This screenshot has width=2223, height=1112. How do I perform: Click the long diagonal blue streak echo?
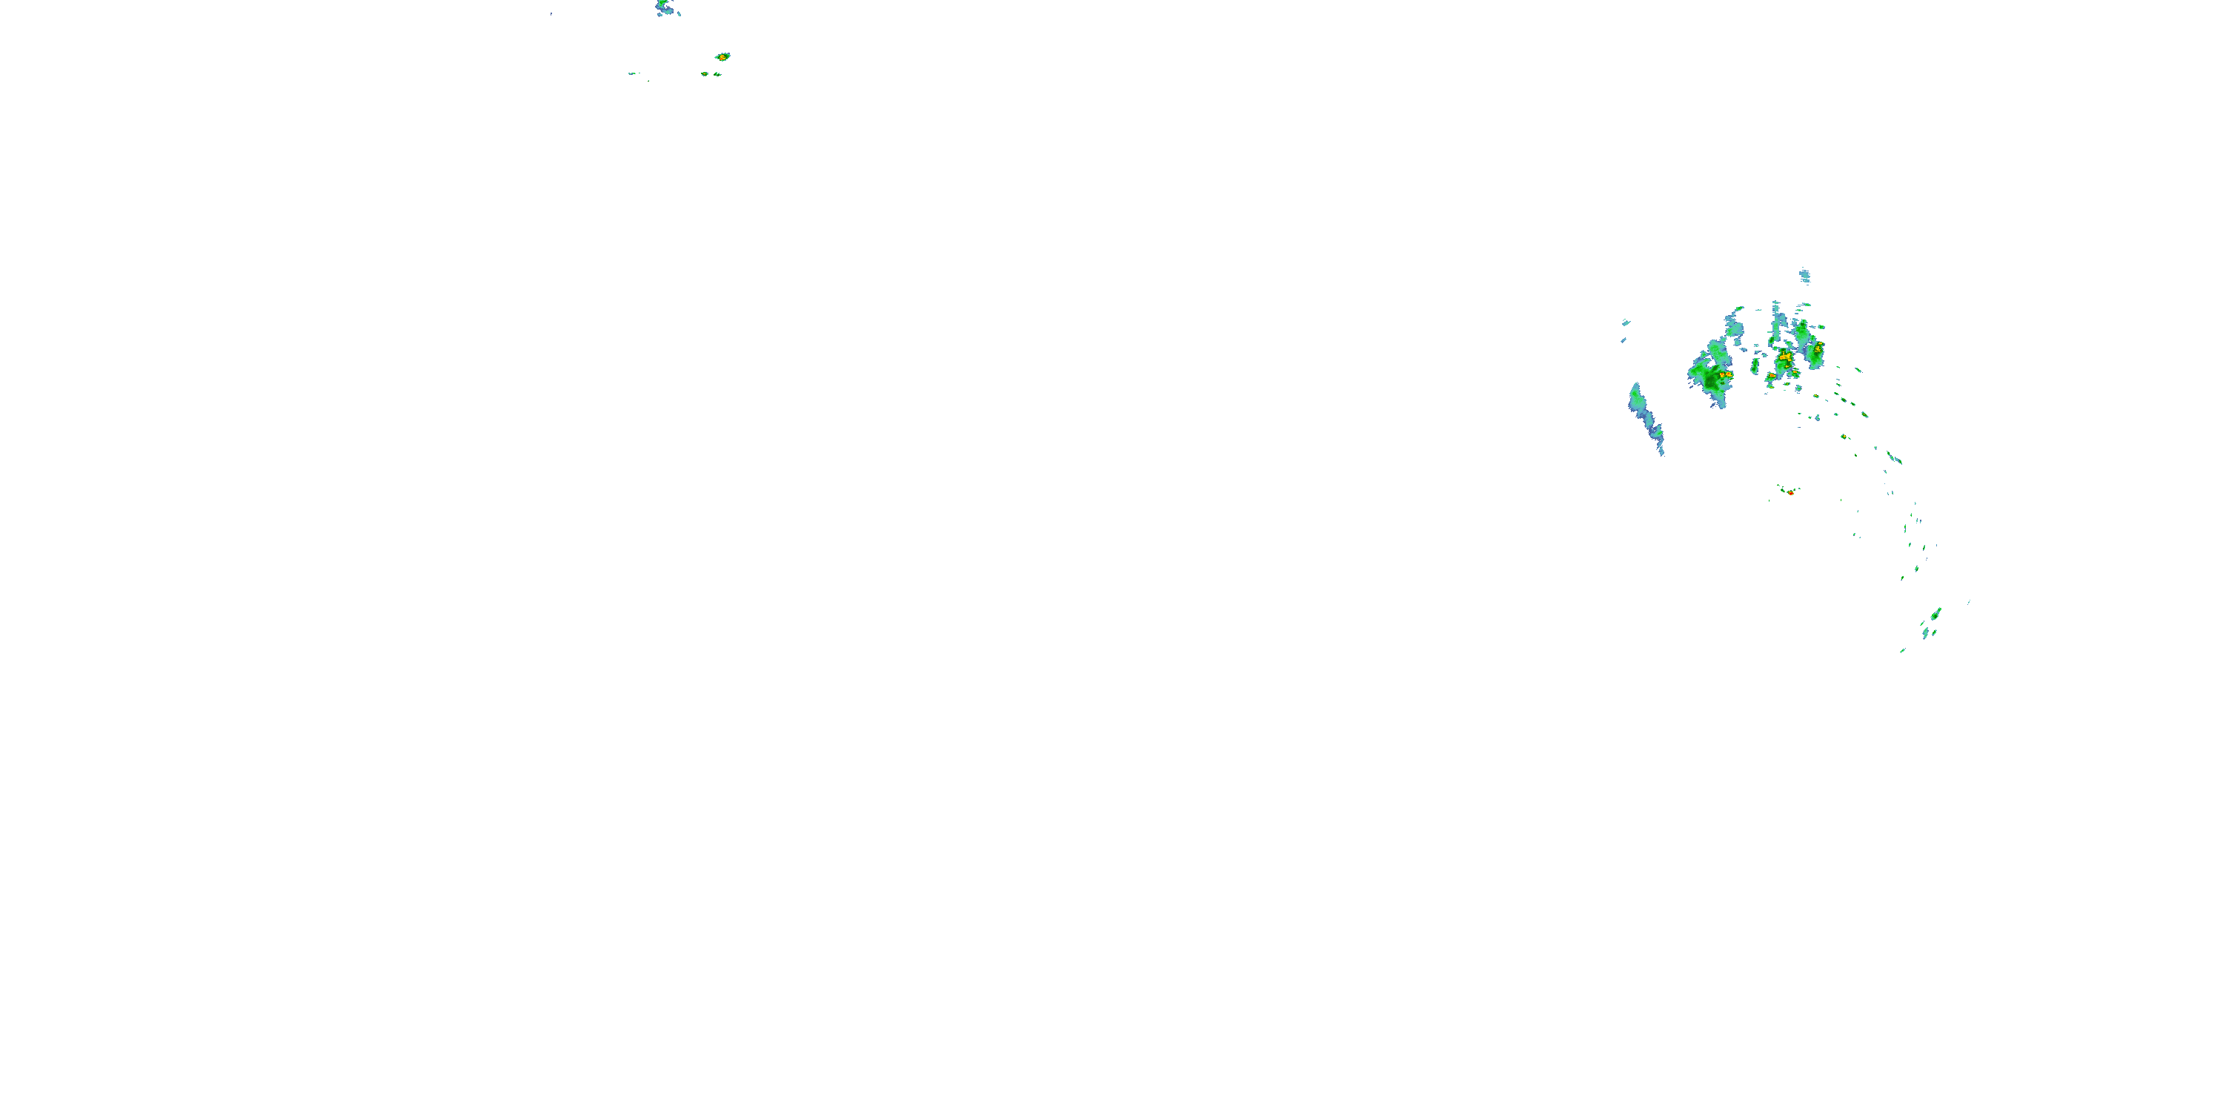click(x=1646, y=418)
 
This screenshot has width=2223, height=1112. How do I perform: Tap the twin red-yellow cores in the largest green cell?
click(x=1725, y=374)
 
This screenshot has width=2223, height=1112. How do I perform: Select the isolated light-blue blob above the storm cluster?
click(x=1804, y=277)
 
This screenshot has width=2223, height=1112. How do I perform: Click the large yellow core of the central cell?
click(x=1784, y=357)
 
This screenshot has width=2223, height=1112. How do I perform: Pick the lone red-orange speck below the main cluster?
click(x=1791, y=493)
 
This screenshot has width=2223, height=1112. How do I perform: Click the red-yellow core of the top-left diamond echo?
click(x=722, y=57)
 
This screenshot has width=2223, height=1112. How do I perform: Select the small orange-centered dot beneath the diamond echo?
click(x=705, y=74)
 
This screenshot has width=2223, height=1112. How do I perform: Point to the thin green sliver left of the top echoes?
click(x=633, y=73)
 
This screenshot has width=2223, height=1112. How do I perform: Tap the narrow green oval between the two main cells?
click(x=1755, y=365)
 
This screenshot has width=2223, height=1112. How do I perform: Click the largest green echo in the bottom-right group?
click(x=1935, y=614)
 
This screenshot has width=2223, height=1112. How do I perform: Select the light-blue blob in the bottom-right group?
click(x=1925, y=635)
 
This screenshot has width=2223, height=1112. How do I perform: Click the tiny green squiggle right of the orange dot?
click(x=717, y=74)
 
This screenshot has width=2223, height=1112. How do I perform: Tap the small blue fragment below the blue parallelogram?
click(x=1624, y=340)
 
